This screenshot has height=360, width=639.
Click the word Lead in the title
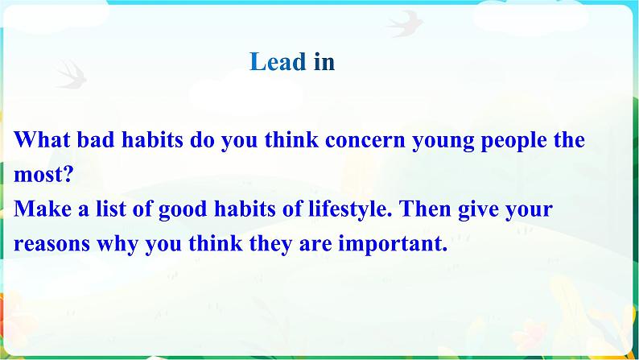click(x=278, y=62)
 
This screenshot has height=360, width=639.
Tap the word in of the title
click(x=324, y=62)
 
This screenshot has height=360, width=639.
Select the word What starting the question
click(x=42, y=139)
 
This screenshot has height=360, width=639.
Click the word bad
click(x=95, y=139)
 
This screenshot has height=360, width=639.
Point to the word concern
click(x=365, y=140)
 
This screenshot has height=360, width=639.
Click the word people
click(x=514, y=141)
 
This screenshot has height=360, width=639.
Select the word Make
click(x=43, y=209)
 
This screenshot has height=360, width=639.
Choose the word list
click(x=111, y=209)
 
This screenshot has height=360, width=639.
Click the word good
click(x=182, y=210)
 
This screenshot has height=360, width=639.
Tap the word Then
click(x=425, y=209)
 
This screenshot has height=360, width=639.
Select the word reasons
click(x=52, y=244)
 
